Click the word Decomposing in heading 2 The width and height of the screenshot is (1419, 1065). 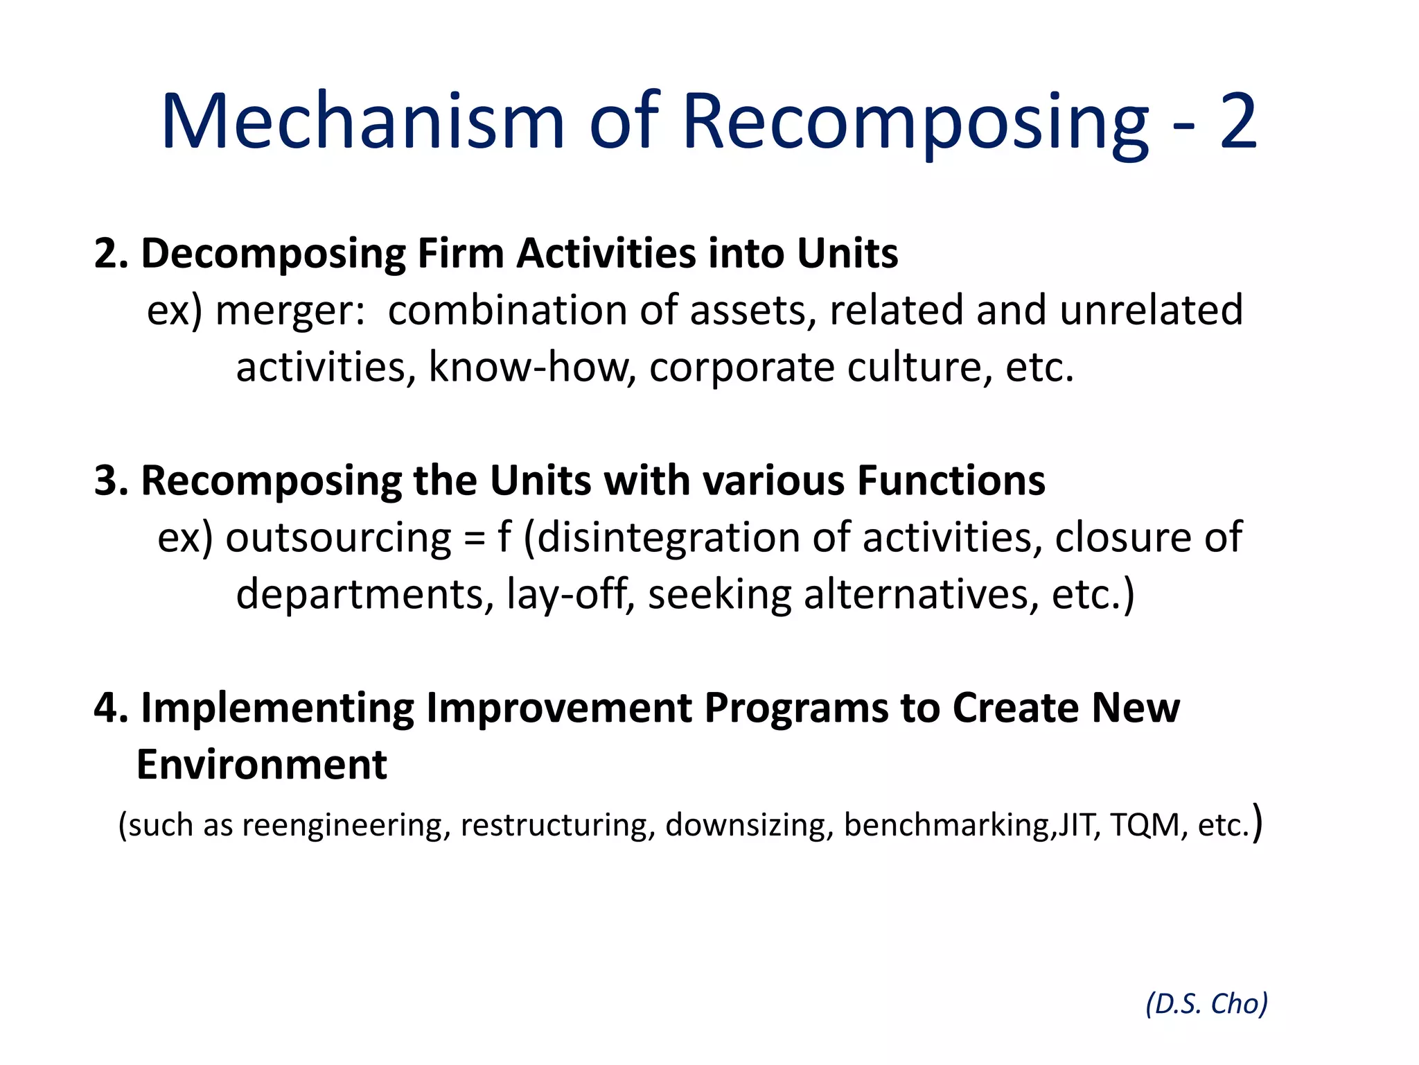pyautogui.click(x=273, y=254)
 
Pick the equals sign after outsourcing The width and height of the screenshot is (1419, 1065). pyautogui.click(x=475, y=539)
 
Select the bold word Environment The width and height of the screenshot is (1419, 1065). pyautogui.click(x=261, y=765)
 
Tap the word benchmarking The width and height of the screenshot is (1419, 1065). pyautogui.click(x=947, y=826)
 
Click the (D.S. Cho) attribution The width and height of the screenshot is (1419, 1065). pyautogui.click(x=1206, y=1004)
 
